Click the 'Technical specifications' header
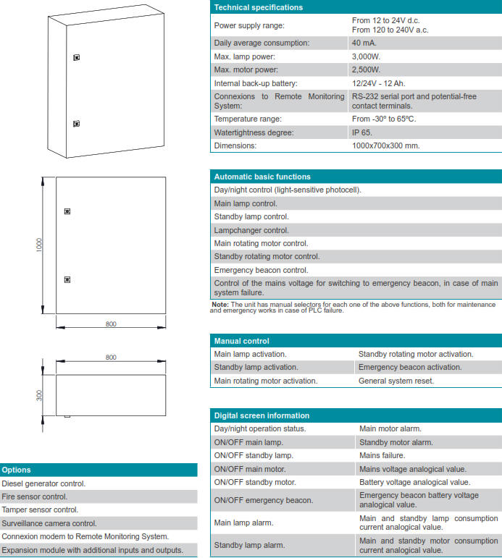pos(259,7)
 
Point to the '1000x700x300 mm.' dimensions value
pos(385,145)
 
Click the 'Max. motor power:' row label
pos(247,70)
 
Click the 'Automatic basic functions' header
pos(262,177)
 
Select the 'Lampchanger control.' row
pos(251,230)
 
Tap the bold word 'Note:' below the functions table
pos(219,305)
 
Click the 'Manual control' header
pos(242,341)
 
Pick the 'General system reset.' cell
pos(396,381)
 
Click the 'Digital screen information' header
pos(262,415)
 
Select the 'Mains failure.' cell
pos(382,455)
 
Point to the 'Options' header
pos(16,470)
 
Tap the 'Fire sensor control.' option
pos(35,496)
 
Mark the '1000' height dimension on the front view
pos(40,245)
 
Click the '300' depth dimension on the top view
pos(40,394)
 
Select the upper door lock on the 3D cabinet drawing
pos(76,57)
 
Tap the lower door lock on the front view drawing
pos(67,279)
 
